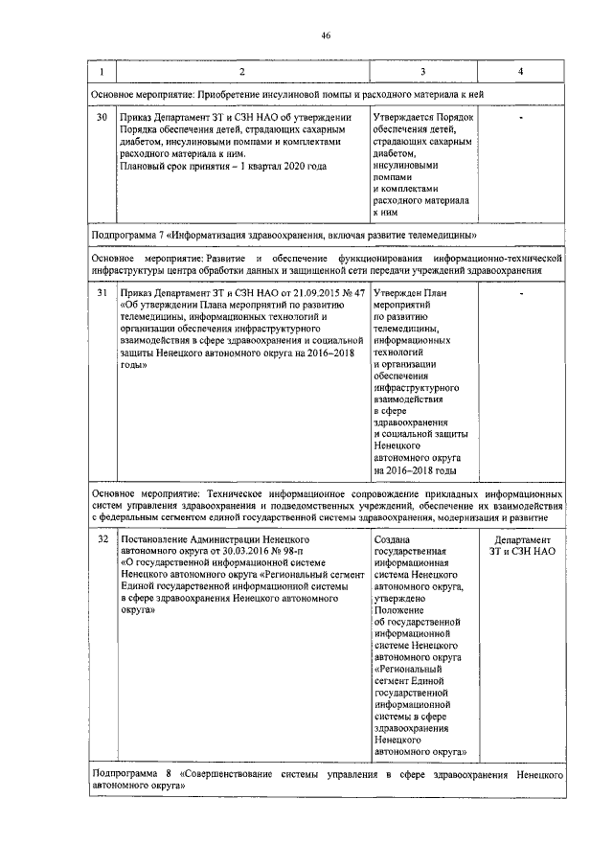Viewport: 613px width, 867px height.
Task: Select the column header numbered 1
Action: point(103,73)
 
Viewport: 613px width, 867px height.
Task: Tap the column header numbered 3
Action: point(422,73)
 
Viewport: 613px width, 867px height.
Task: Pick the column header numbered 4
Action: point(519,73)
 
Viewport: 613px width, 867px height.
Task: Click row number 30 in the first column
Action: point(103,117)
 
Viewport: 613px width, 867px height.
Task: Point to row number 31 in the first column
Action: point(103,292)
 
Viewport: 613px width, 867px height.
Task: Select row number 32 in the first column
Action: point(103,540)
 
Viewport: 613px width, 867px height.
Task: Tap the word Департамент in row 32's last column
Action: point(519,540)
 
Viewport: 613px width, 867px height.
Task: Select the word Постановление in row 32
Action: point(158,540)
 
